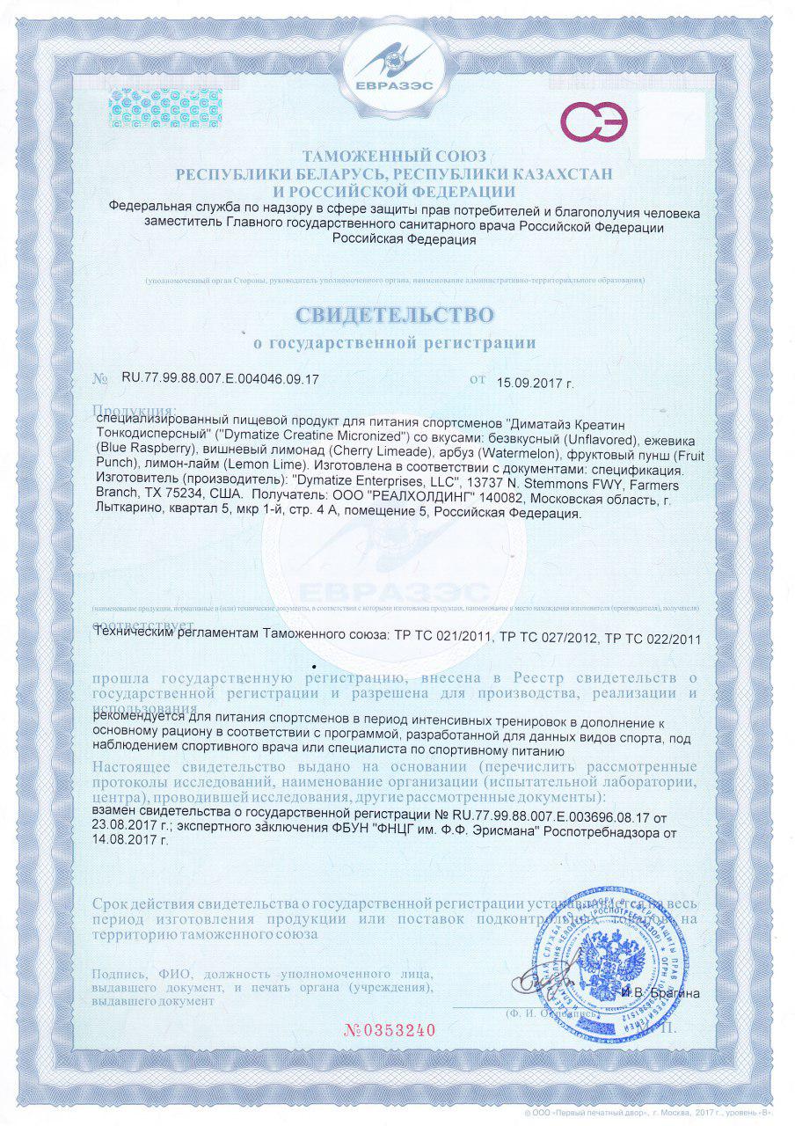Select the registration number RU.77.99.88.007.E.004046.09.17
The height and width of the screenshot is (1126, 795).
tap(220, 380)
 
